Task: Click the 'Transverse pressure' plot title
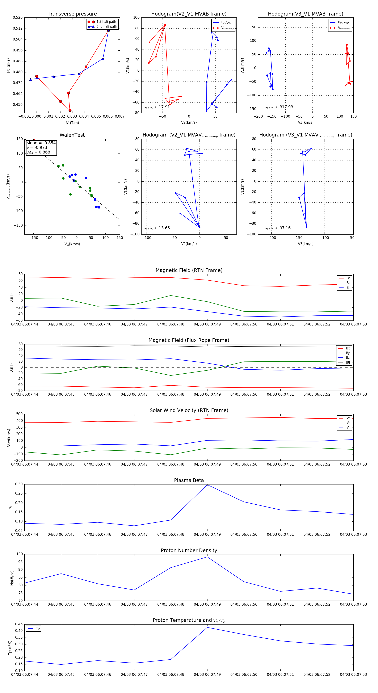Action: (72, 14)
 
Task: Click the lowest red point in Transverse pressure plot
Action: (70, 110)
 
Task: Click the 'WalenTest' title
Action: (72, 135)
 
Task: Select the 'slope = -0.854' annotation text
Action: (41, 143)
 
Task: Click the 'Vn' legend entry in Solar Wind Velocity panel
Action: (348, 428)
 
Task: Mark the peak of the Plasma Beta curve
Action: (207, 485)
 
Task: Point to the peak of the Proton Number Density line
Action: (207, 557)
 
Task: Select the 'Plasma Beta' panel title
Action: (189, 480)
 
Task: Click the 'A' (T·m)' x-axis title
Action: (72, 123)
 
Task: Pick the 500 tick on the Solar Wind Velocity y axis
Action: (19, 414)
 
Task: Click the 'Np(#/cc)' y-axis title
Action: (12, 578)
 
